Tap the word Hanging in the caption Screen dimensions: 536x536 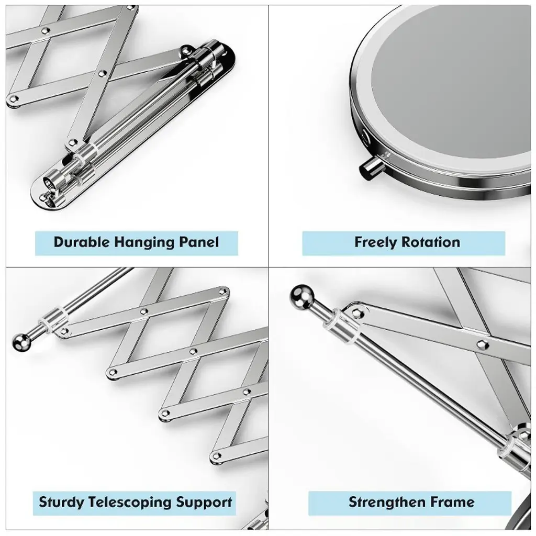pos(144,243)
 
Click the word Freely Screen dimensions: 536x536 pos(375,243)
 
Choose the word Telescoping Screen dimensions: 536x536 pos(130,502)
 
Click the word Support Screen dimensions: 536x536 pos(204,502)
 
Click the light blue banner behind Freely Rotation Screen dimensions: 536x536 pos(404,243)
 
